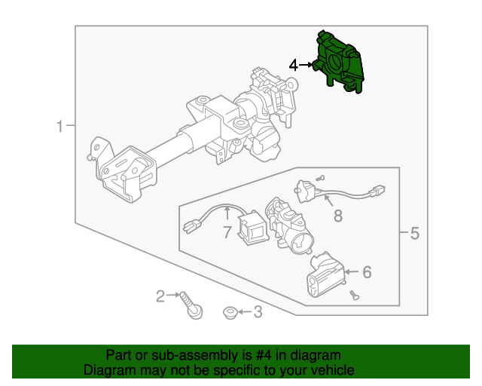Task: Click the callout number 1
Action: point(60,126)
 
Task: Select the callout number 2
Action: point(160,296)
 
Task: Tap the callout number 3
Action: point(258,312)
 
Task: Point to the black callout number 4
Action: point(294,66)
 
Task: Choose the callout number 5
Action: point(415,233)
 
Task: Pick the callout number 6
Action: point(367,272)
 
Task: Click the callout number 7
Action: point(227,232)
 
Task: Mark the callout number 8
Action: point(338,216)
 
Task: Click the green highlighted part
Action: point(338,62)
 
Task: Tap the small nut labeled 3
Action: point(230,313)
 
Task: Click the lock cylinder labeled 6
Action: point(326,275)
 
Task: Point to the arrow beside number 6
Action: point(352,272)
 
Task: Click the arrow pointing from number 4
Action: point(306,65)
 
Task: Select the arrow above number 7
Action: point(227,213)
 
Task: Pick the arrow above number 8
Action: point(328,201)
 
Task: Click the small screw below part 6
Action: point(355,296)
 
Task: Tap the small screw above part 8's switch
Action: point(320,178)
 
